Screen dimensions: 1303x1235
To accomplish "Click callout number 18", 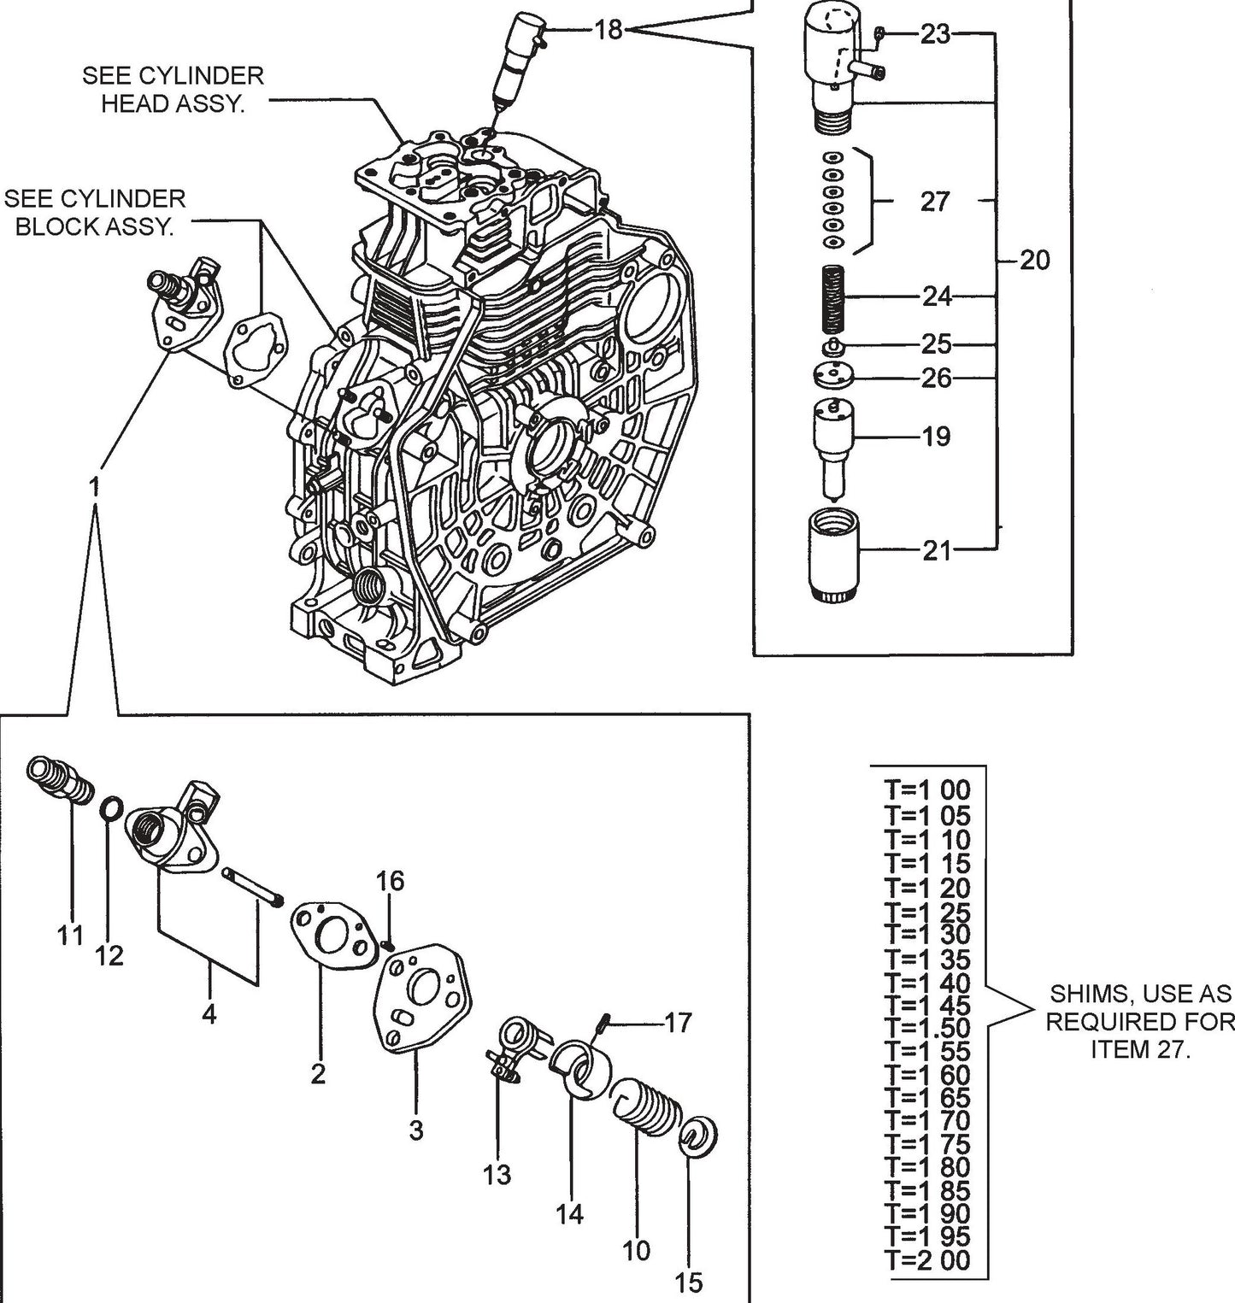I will (609, 31).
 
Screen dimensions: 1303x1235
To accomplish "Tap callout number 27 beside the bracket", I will (935, 201).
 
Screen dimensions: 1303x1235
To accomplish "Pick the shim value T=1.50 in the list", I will (927, 1028).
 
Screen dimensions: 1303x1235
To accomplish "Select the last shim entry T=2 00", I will (927, 1260).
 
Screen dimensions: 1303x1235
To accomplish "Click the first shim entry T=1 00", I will (927, 789).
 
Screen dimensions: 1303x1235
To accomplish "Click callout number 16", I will (391, 881).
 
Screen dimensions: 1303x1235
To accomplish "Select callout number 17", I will (678, 1022).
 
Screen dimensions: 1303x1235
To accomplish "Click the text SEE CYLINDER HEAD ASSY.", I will (173, 89).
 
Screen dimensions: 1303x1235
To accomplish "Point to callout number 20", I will (1034, 260).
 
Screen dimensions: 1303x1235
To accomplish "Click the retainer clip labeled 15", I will (700, 1137).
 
